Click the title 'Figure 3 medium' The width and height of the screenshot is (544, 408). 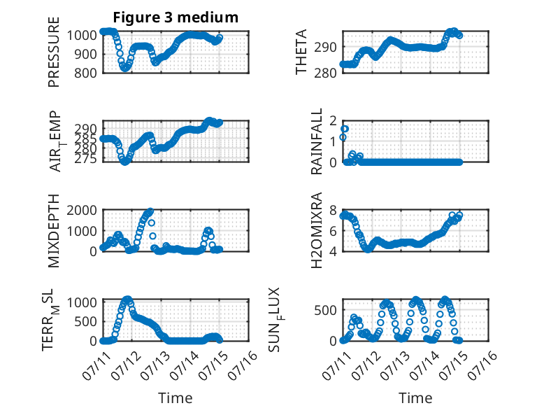[x=176, y=17]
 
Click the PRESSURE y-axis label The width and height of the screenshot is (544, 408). [x=54, y=52]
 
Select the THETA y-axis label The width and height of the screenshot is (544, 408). [x=301, y=52]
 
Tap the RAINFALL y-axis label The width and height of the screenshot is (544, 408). [x=317, y=141]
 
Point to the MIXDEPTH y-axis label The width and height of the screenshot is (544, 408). [x=54, y=231]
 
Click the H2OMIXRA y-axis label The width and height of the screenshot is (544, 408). [x=317, y=230]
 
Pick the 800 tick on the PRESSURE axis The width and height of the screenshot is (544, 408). [x=85, y=73]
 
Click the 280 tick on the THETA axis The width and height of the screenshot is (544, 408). [x=325, y=73]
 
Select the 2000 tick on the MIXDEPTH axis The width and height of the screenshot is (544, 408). [x=82, y=210]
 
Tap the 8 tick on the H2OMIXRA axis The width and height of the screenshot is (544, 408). [x=333, y=210]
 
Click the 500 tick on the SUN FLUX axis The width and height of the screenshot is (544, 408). [x=325, y=310]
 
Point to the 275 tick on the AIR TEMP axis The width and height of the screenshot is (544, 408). [x=85, y=159]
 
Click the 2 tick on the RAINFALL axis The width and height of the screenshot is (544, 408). [x=333, y=121]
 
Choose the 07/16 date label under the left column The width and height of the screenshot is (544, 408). [x=243, y=365]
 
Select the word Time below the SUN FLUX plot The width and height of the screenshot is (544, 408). [x=415, y=398]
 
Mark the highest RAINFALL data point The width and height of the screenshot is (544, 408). [x=345, y=129]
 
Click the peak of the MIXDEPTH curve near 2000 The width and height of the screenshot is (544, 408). [x=150, y=211]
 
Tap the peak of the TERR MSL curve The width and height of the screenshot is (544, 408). [x=128, y=300]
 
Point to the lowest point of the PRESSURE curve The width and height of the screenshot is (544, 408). [x=124, y=69]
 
